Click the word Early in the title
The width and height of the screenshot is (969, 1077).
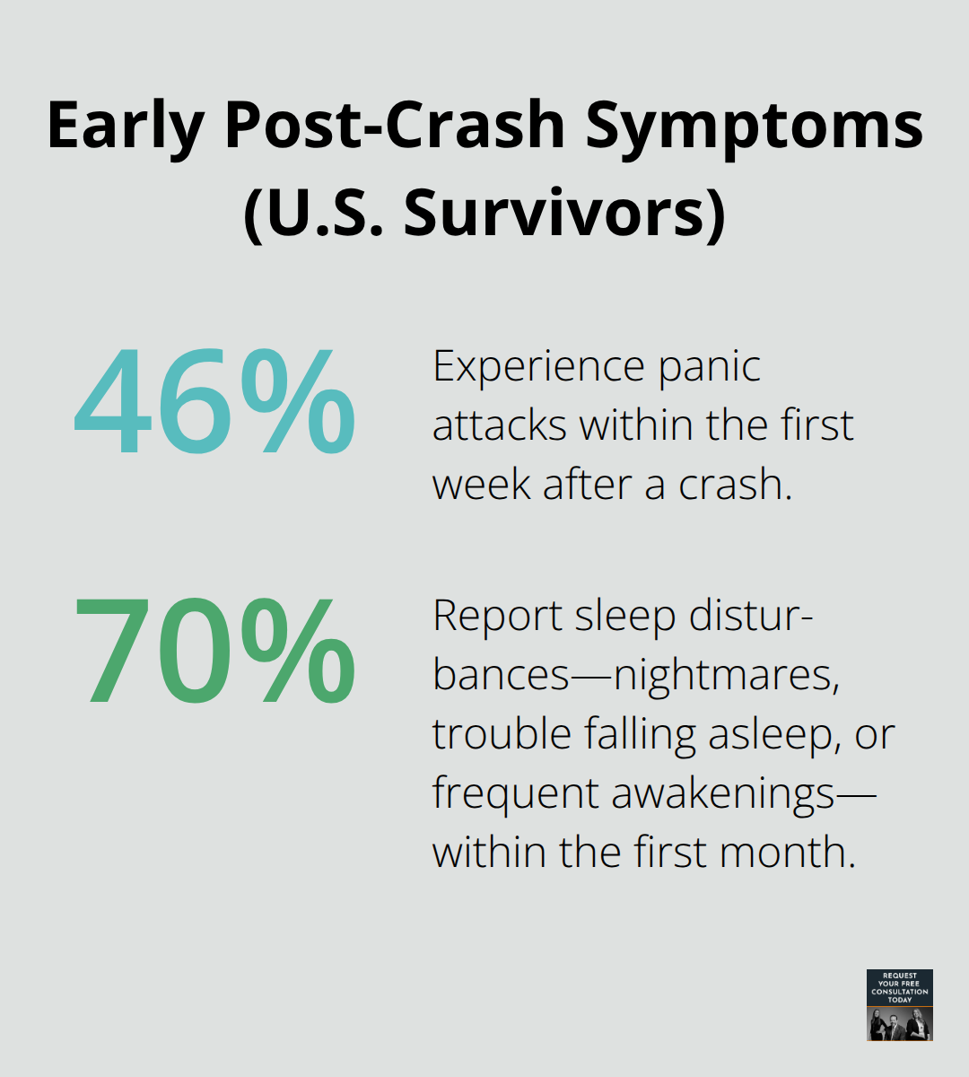(x=126, y=126)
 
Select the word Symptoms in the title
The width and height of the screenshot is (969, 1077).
(x=755, y=126)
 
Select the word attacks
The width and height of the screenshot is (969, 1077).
(x=499, y=425)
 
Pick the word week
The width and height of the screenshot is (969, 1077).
(x=480, y=485)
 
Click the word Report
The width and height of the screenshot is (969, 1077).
(x=496, y=616)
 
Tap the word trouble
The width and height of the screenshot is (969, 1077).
(x=501, y=734)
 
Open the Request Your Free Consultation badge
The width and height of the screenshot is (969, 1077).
(x=900, y=1004)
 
